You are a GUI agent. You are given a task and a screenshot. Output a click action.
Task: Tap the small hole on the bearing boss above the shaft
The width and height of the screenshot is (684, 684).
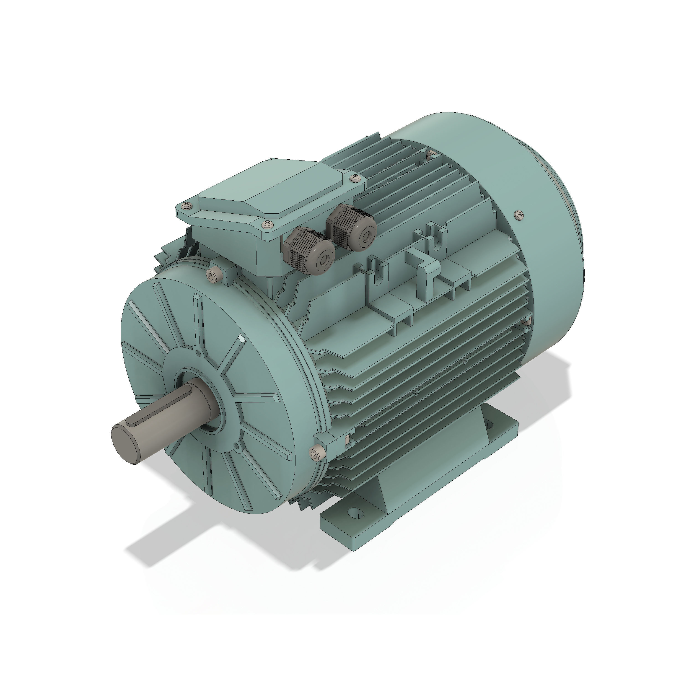(x=199, y=353)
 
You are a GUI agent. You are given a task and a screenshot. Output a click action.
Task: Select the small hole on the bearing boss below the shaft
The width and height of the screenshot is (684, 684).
(x=236, y=447)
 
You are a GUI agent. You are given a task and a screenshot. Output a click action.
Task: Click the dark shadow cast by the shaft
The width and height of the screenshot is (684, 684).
(x=159, y=531)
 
